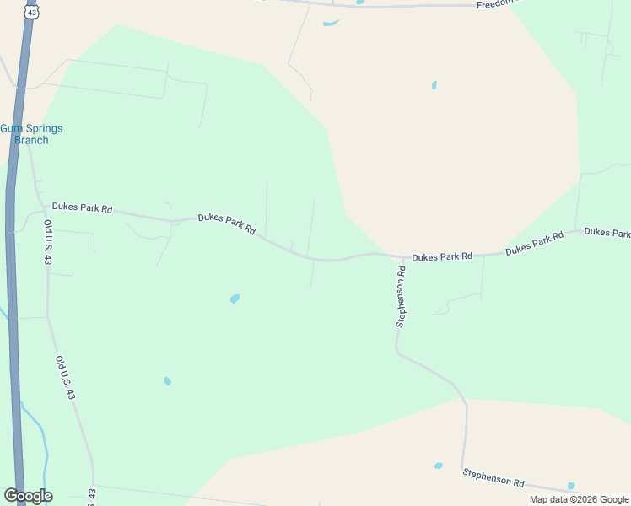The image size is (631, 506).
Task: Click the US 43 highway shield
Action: pos(32,13)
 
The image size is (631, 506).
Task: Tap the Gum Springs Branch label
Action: pos(31,134)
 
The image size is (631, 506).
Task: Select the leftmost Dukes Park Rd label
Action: pos(82,207)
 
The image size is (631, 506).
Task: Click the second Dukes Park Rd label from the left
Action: pos(226,223)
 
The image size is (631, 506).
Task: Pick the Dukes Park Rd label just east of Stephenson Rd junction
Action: pos(442,256)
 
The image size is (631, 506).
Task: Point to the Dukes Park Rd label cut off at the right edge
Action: pos(607,232)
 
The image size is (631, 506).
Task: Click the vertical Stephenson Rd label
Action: pos(402,296)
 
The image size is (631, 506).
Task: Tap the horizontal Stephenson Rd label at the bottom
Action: pos(493,477)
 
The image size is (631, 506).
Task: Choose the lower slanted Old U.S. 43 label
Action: pos(66,379)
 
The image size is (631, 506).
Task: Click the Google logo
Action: pos(28,496)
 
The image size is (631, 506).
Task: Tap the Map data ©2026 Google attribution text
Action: pos(579,499)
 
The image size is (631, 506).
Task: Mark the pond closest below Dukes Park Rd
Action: pos(235,299)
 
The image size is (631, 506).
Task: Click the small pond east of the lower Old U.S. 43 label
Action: pos(168,381)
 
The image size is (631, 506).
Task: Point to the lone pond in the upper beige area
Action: pos(434,85)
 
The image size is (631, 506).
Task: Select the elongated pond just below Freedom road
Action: pos(331,23)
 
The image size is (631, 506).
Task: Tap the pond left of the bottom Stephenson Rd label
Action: pos(438,466)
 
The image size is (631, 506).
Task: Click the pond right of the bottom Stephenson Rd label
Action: pos(571,486)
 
